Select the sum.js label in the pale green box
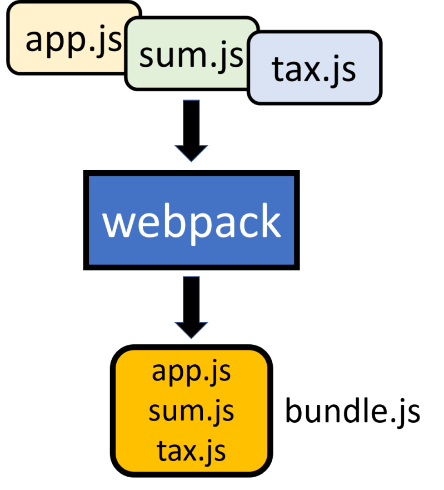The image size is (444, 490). tap(191, 55)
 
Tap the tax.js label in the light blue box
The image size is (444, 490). tap(313, 70)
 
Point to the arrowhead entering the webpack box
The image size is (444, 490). tap(191, 152)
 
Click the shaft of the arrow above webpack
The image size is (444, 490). tap(191, 122)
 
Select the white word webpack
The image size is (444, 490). tap(191, 221)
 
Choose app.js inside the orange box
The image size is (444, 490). tap(191, 372)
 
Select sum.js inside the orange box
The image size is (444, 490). tap(191, 411)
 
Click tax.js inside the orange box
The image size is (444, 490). tap(191, 450)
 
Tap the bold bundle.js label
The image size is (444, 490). tap(352, 413)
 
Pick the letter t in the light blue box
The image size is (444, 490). tap(278, 69)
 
